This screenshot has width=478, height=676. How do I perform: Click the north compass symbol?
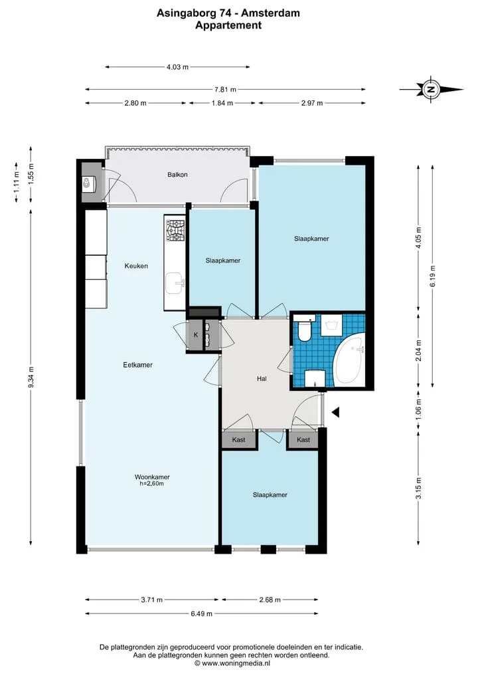[431, 90]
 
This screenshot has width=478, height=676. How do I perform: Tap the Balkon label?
[177, 175]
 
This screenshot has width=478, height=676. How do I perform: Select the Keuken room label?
[136, 266]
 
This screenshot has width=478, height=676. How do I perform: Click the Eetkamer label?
[138, 365]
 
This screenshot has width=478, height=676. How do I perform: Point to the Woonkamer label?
[152, 477]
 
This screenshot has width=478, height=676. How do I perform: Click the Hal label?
[262, 378]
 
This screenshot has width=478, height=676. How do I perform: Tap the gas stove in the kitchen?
[175, 231]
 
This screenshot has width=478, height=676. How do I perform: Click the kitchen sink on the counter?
[175, 282]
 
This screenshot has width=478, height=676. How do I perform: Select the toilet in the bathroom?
[305, 330]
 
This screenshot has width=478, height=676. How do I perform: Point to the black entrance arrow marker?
[335, 413]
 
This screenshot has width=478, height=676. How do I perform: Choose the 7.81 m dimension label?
[225, 90]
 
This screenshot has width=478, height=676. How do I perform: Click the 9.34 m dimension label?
[31, 378]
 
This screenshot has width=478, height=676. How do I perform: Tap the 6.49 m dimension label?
[202, 614]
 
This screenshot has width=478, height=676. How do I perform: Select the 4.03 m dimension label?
[177, 67]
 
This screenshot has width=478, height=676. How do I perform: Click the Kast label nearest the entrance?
[303, 440]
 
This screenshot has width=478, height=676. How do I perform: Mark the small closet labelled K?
[196, 335]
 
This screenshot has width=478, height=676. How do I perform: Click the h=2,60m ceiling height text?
[152, 484]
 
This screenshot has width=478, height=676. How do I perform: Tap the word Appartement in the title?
[228, 25]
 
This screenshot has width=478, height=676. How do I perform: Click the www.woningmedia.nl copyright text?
[232, 663]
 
